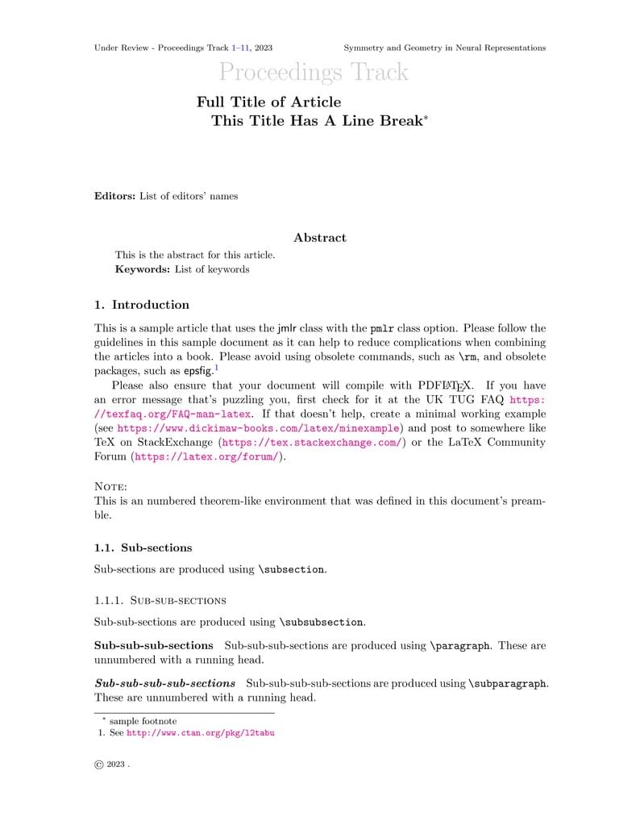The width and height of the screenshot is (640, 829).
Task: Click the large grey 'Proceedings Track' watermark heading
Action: (314, 73)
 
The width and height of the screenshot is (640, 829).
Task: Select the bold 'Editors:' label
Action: (115, 196)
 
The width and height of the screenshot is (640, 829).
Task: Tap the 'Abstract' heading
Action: (320, 238)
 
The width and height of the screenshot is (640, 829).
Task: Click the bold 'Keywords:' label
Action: (143, 269)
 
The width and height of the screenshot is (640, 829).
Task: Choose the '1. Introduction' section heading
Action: (142, 305)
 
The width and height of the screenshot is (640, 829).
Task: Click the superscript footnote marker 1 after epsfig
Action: (216, 367)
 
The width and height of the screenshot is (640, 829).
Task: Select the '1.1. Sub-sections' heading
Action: (143, 548)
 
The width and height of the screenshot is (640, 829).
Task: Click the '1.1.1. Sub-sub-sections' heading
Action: (160, 600)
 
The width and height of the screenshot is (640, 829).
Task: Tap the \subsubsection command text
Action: (322, 623)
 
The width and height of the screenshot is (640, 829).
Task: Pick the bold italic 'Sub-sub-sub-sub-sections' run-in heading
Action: (165, 683)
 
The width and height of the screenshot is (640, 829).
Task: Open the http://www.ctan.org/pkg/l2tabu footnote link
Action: (201, 734)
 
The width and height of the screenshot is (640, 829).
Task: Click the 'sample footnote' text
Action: (143, 721)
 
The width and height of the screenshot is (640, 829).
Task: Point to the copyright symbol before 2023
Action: (99, 764)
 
